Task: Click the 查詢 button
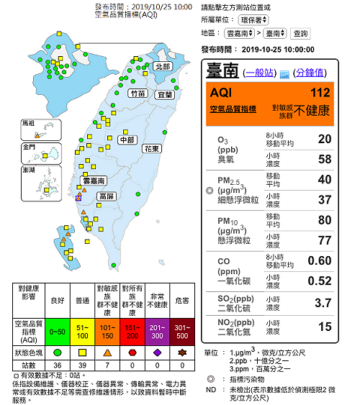(301, 33)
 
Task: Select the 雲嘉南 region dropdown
(240, 33)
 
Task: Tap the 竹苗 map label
(138, 93)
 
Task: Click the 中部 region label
(127, 140)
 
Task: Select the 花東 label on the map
(151, 149)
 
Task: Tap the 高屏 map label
(107, 196)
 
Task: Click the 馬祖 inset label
(30, 123)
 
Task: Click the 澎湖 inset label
(30, 170)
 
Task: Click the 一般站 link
(260, 73)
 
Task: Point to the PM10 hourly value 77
(324, 240)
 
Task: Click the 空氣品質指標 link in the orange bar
(233, 108)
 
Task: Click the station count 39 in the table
(81, 366)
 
